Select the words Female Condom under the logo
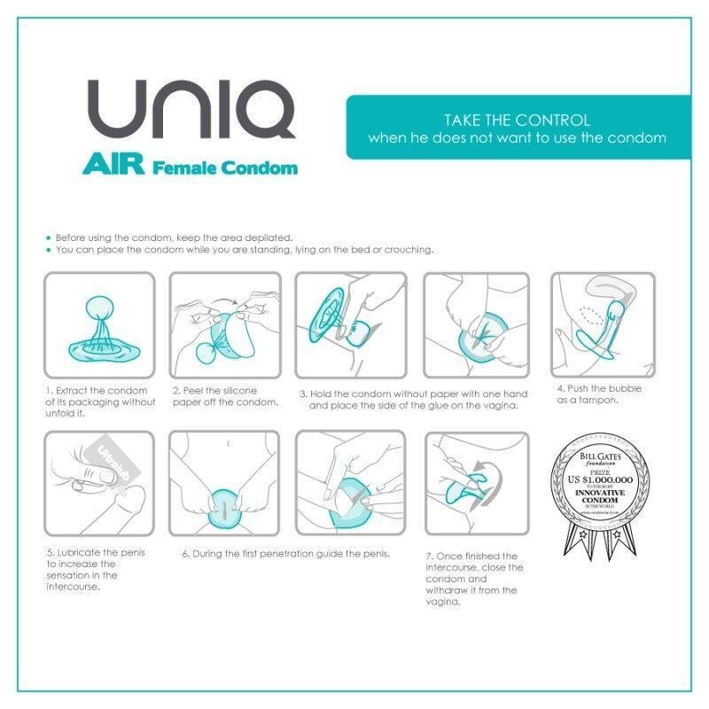point(225,168)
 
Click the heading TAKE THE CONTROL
point(517,120)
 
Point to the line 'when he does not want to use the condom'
point(517,139)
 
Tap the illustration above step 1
point(99,324)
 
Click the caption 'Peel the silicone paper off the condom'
point(225,395)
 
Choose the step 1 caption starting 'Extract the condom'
point(99,401)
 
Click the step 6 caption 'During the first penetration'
point(285,554)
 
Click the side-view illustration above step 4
point(603,324)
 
